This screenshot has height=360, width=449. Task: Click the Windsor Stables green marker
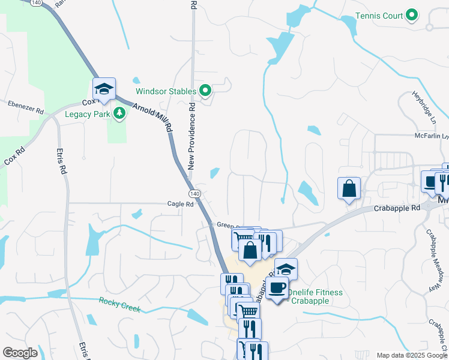point(205,92)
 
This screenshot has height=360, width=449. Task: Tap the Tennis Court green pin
point(412,16)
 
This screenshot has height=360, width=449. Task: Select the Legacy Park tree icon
point(119,113)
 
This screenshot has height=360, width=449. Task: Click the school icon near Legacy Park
point(104,89)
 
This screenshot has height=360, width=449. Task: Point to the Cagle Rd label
point(181,204)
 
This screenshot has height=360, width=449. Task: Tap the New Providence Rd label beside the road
point(192,136)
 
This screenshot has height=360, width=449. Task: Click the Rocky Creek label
point(119,305)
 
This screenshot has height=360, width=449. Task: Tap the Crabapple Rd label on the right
point(397,208)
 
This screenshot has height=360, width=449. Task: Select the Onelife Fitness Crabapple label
point(315,296)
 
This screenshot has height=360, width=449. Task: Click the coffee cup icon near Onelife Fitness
point(276,289)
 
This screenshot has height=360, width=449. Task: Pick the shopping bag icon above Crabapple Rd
point(349,188)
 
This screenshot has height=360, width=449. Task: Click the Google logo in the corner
point(20,353)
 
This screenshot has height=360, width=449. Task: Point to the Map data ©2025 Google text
point(411,355)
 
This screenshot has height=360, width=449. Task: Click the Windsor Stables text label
point(166,92)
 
